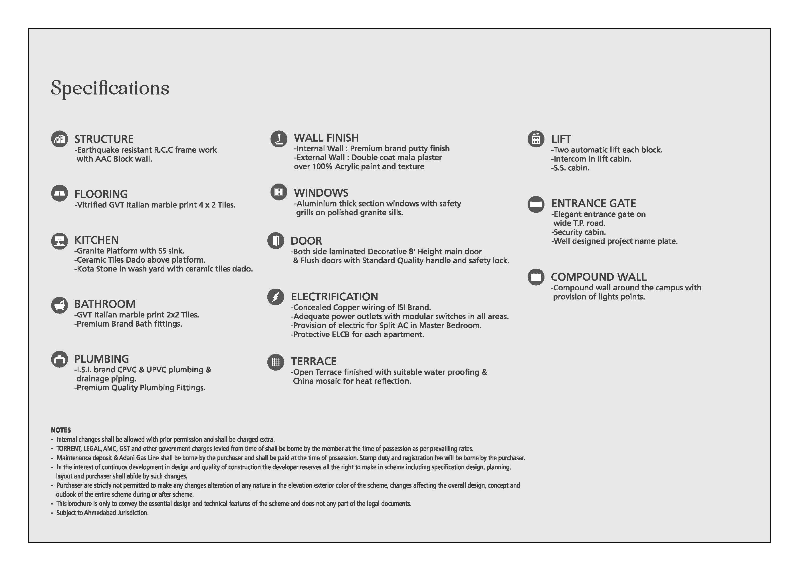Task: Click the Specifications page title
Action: [x=110, y=88]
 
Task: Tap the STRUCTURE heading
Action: [x=104, y=139]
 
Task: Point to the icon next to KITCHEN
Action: [x=59, y=241]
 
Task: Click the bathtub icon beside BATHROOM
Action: [x=59, y=305]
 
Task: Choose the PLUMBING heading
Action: [x=102, y=359]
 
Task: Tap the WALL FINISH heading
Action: [x=326, y=138]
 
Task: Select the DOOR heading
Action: [x=306, y=241]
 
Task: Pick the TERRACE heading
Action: [x=313, y=361]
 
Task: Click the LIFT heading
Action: [x=561, y=139]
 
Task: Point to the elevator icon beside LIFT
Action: [x=536, y=139]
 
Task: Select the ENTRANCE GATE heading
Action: [x=594, y=204]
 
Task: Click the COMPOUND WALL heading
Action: [x=598, y=277]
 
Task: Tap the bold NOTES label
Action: [x=61, y=430]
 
